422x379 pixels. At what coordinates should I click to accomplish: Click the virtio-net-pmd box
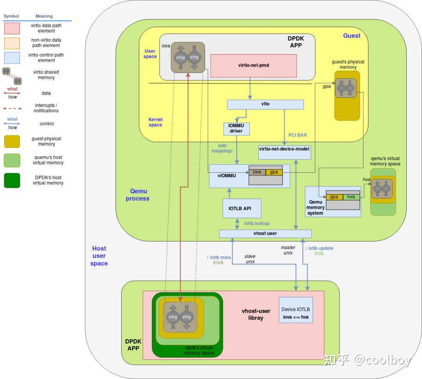click(253, 66)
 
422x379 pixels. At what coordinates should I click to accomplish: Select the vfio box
click(265, 105)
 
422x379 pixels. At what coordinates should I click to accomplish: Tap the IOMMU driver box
click(236, 129)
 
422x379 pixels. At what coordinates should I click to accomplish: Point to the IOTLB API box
click(241, 208)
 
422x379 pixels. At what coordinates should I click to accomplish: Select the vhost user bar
click(265, 233)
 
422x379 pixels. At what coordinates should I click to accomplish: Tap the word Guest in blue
click(352, 36)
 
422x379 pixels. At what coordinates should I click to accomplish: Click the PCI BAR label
click(297, 135)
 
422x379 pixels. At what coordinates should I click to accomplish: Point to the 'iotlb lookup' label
click(257, 224)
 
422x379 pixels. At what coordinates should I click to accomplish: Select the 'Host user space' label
click(99, 256)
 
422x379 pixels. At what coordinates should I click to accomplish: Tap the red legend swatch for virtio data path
click(12, 28)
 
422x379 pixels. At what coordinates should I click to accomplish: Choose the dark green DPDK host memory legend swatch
click(12, 180)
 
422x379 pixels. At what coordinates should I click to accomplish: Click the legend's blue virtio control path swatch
click(12, 58)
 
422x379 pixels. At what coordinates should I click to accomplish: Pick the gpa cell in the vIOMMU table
click(274, 172)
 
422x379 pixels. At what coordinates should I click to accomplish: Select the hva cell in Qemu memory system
click(351, 197)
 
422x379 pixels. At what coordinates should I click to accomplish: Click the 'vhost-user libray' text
click(256, 314)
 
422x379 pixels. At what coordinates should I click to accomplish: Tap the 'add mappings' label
click(222, 148)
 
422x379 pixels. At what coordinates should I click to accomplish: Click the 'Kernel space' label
click(155, 122)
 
